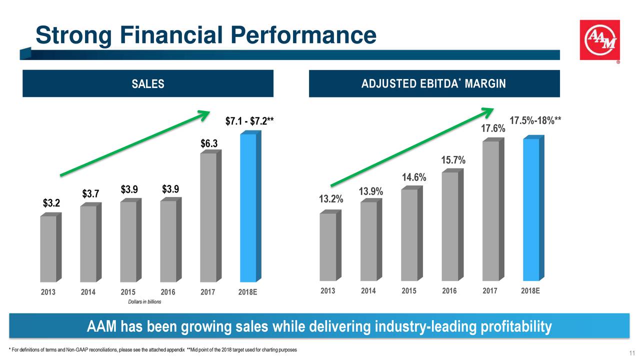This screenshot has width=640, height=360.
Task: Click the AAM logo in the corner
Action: point(599,40)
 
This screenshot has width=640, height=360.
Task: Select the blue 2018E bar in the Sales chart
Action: point(248,207)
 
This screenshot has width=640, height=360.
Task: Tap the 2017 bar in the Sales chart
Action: point(208,217)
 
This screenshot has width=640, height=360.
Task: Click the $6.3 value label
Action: point(209,143)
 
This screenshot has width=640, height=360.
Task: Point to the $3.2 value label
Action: point(51,203)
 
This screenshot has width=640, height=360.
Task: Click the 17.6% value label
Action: point(493,129)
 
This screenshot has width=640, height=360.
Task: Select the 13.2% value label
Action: point(331,199)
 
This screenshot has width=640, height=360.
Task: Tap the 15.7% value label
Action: point(453,160)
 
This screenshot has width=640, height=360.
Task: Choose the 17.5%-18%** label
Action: point(535,121)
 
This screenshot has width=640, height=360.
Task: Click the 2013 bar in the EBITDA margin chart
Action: point(328,247)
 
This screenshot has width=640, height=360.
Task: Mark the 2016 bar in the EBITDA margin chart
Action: point(450,226)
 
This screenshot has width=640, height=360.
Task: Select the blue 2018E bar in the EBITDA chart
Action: point(531,210)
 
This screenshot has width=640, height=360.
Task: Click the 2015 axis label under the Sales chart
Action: point(128,292)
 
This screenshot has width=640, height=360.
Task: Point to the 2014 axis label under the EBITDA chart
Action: point(368,291)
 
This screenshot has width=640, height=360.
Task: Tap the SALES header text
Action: point(147,84)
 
